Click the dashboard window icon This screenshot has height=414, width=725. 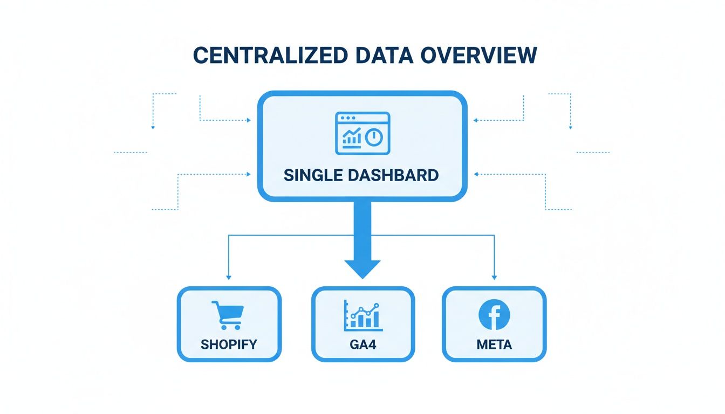[x=362, y=133]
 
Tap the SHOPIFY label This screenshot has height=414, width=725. [x=229, y=344]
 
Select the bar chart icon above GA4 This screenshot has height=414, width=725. [x=363, y=315]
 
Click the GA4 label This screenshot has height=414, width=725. [x=363, y=344]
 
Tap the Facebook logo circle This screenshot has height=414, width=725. [x=494, y=315]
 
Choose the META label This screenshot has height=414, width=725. [x=494, y=344]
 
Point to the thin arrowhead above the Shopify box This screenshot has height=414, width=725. [x=229, y=277]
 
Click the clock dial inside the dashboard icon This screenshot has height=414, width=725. [x=374, y=137]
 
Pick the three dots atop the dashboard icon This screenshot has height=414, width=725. [x=345, y=118]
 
